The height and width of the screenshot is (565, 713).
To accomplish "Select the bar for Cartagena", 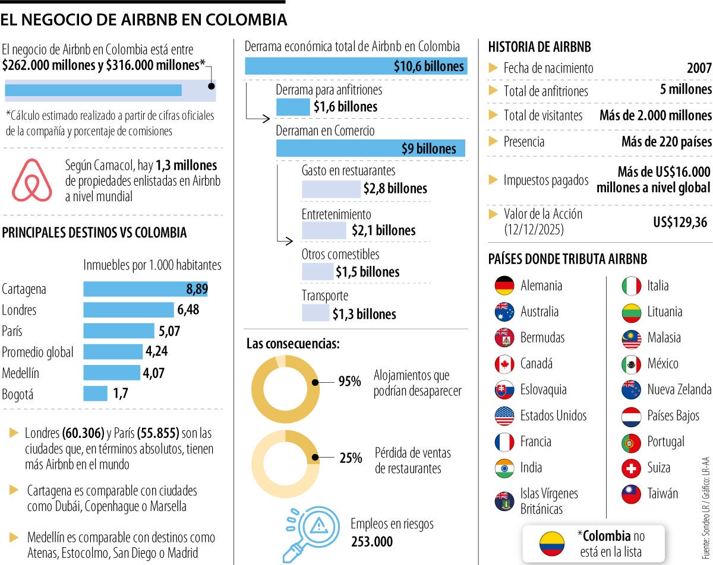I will [x=145, y=289].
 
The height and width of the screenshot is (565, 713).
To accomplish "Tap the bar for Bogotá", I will [x=95, y=393].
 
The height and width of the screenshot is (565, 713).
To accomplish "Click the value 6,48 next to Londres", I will [x=188, y=310].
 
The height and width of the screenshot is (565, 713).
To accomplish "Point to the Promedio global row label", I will [x=37, y=352].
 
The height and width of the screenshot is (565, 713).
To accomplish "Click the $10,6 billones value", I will [x=428, y=66].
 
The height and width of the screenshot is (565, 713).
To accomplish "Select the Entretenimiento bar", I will [x=324, y=230].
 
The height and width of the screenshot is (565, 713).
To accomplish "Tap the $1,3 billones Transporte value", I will [x=364, y=314].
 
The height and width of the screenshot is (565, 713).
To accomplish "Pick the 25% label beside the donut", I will [x=351, y=458].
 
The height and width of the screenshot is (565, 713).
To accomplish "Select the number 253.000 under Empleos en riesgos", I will [x=371, y=541].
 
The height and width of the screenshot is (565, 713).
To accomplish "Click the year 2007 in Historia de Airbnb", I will [x=699, y=68].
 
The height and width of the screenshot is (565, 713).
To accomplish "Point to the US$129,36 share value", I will [x=680, y=222].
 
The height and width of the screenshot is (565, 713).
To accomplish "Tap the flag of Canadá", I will [x=504, y=363].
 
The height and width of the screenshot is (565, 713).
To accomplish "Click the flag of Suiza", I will [x=631, y=468].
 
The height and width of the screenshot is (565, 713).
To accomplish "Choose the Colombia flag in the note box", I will [x=551, y=543].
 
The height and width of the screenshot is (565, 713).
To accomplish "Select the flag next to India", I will [x=504, y=468].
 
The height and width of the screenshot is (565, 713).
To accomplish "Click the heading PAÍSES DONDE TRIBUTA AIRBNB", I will [x=567, y=259].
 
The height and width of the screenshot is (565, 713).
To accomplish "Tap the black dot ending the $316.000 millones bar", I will [x=212, y=85].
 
